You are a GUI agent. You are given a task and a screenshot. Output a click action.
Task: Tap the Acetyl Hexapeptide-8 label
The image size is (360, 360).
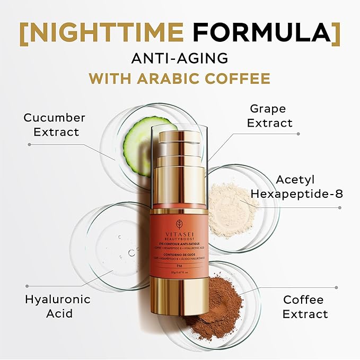[x=296, y=187]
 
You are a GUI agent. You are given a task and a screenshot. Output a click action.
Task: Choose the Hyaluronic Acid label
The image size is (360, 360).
[x=57, y=306]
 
